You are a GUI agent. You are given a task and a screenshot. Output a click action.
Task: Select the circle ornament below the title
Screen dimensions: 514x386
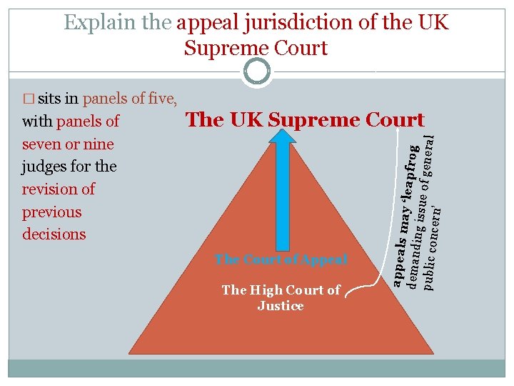click(x=257, y=71)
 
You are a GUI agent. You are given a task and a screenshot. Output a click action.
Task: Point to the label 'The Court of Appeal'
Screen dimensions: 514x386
click(x=281, y=259)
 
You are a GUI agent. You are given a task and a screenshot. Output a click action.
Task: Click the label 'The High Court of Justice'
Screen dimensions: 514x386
click(x=281, y=297)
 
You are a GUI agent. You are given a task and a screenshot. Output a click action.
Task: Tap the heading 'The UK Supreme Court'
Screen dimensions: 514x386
click(x=305, y=120)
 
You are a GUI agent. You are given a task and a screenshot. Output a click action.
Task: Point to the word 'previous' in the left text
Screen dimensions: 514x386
click(x=52, y=212)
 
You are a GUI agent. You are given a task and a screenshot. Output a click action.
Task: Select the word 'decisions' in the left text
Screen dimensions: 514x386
click(x=54, y=234)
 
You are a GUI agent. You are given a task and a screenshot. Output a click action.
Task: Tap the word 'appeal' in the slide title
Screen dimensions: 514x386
click(x=207, y=22)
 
